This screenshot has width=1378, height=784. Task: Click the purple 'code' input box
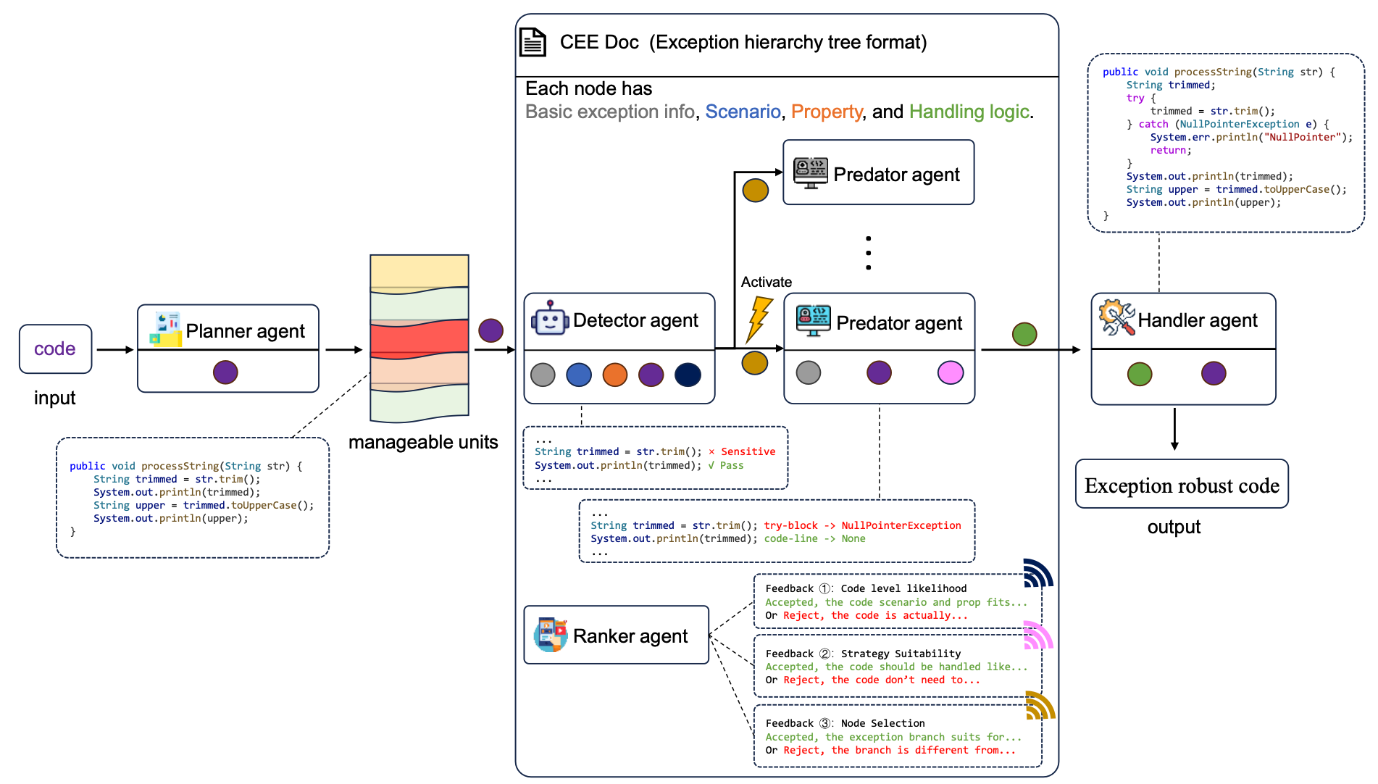point(55,349)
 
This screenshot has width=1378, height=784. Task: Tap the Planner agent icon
point(165,329)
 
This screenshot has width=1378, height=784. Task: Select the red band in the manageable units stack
point(419,339)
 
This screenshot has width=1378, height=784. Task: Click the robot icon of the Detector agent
point(550,318)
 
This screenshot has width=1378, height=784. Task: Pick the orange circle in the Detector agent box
point(615,375)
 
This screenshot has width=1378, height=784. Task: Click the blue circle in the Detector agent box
point(579,375)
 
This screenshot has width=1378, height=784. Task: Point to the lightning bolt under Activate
point(759,319)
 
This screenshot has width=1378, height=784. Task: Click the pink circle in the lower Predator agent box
point(951,372)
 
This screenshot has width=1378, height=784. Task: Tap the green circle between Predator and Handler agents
point(1024,334)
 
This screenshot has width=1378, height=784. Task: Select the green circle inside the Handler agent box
point(1140,374)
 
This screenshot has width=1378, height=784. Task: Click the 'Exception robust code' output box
point(1182,484)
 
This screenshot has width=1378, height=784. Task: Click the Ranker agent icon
point(551,635)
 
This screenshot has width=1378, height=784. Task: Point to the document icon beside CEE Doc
point(533,42)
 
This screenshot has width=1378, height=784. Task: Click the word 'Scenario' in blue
point(743,112)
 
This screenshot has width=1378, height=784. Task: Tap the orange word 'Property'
point(827,112)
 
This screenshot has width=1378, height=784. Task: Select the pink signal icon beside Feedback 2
point(1038,635)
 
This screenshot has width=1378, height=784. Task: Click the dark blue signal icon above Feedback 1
point(1038,572)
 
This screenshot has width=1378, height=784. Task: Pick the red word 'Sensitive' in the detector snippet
point(748,451)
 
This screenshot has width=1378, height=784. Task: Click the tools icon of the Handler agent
point(1116,317)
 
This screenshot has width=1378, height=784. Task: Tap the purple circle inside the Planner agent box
point(225,372)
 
